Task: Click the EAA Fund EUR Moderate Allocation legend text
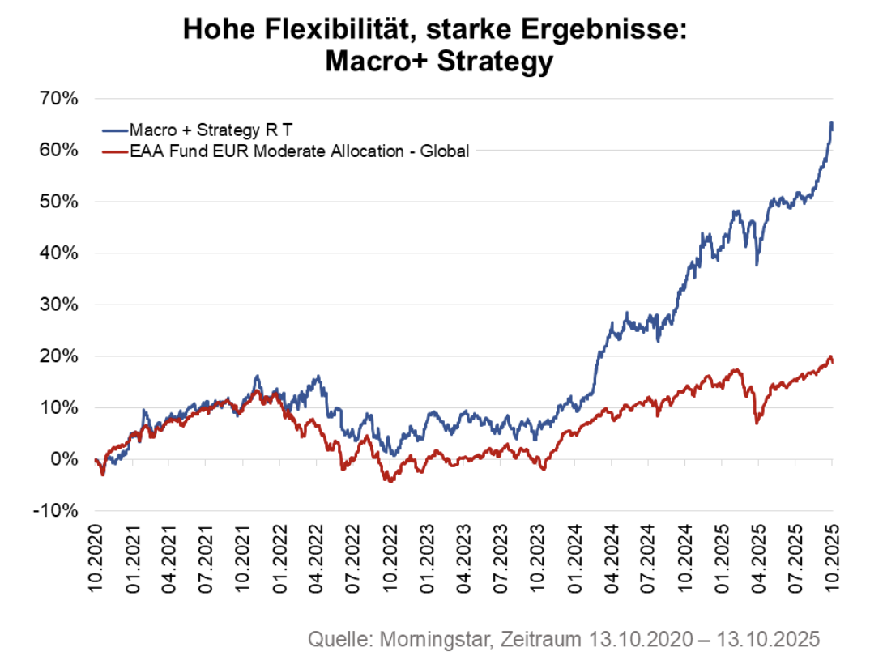pos(299,150)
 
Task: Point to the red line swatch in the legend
pos(115,150)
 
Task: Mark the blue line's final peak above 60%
pos(831,123)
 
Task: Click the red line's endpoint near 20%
pos(832,361)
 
